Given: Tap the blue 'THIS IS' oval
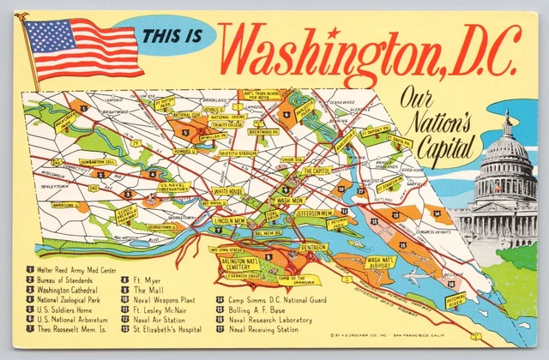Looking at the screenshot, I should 171,36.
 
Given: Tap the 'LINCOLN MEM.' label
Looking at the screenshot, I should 230,220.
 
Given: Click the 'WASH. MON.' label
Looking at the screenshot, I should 290,200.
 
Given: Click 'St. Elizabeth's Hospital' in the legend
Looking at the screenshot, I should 167,329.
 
